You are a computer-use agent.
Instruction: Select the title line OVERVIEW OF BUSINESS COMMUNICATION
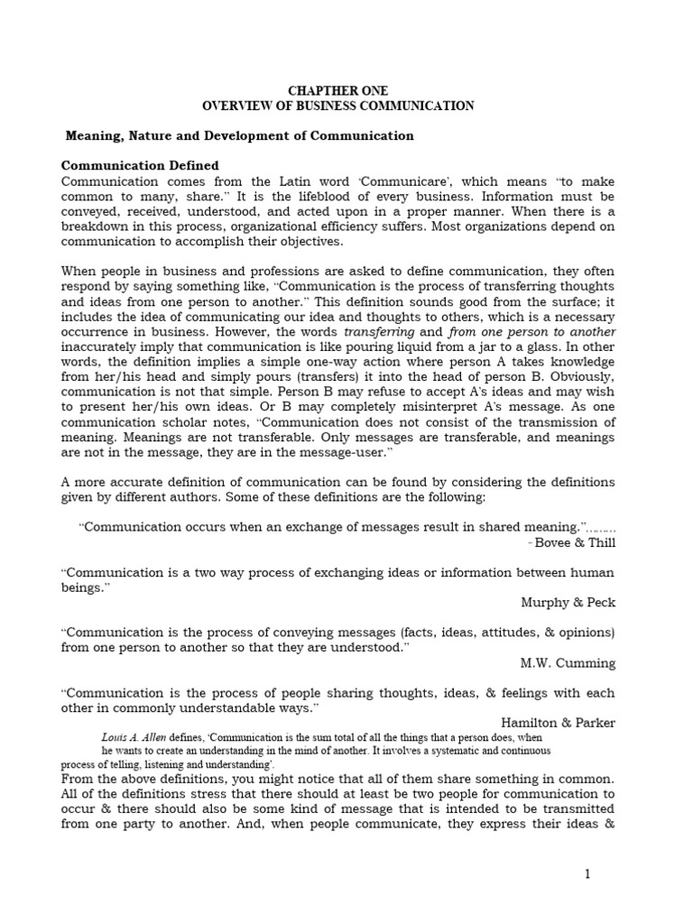[x=337, y=106]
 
